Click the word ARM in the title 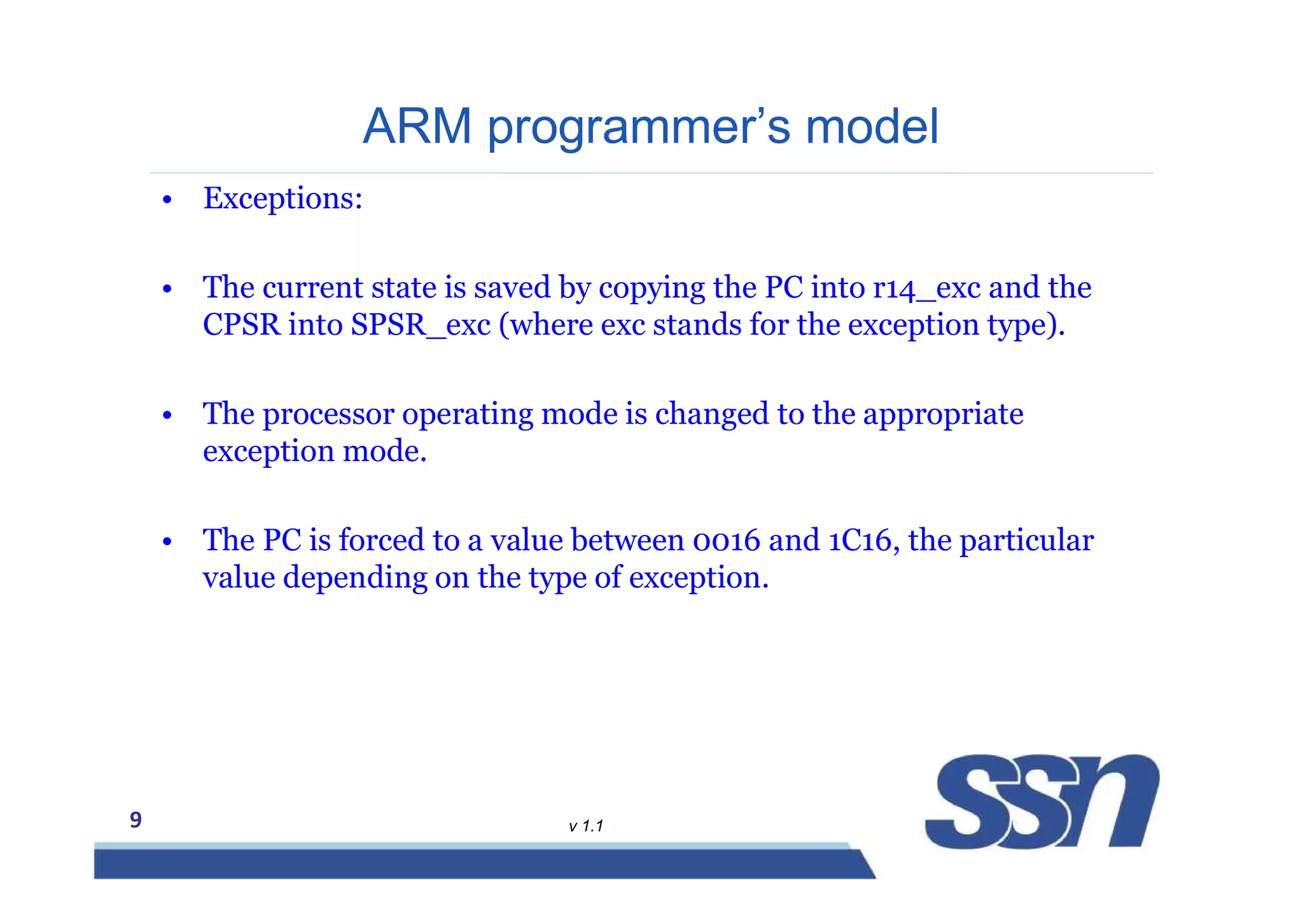click(x=417, y=126)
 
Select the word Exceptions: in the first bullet click(x=282, y=199)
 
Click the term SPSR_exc click(x=421, y=325)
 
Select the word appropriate click(x=943, y=415)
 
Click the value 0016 click(x=726, y=541)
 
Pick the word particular click(x=1026, y=541)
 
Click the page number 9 click(x=136, y=819)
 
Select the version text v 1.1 click(x=586, y=826)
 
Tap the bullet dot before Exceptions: click(x=167, y=201)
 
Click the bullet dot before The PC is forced click(x=167, y=543)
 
